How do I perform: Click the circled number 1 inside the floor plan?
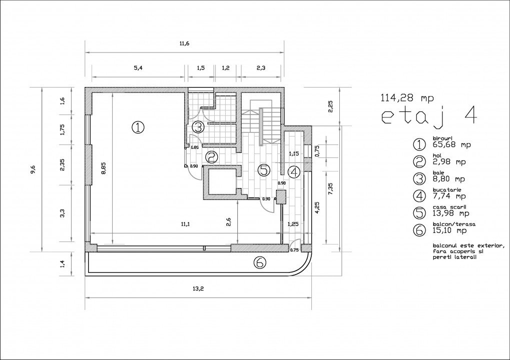[x=138, y=127]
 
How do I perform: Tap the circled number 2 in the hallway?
[x=211, y=157]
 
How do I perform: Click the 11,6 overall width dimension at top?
[x=184, y=44]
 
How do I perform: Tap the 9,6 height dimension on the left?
[x=33, y=169]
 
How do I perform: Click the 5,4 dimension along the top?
[x=138, y=68]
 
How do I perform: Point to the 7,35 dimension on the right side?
[x=331, y=188]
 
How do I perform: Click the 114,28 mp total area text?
[x=407, y=97]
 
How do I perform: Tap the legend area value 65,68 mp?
[x=452, y=144]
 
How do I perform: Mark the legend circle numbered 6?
[x=419, y=229]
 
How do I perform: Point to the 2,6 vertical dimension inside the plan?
[x=229, y=222]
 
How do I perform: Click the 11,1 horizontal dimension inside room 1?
[x=185, y=224]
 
